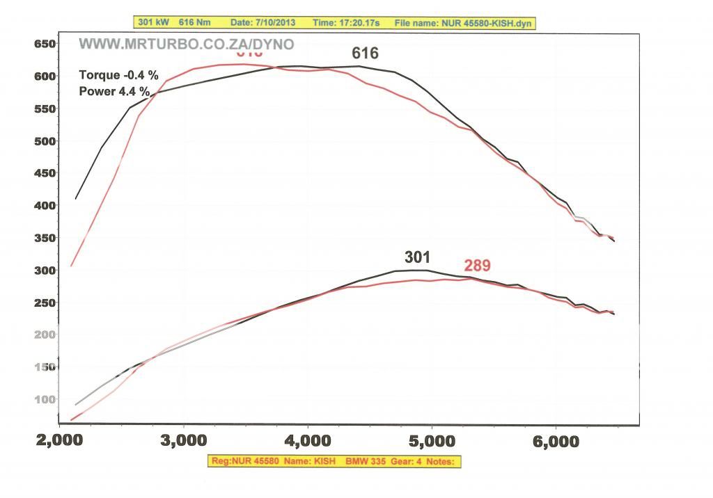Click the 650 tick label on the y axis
click(x=45, y=44)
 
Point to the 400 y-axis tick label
click(x=45, y=205)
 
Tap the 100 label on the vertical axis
click(x=45, y=399)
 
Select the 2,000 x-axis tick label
click(x=61, y=441)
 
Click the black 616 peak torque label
click(x=365, y=54)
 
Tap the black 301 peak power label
click(x=417, y=258)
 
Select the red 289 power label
click(x=477, y=265)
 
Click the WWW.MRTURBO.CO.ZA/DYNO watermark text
click(x=186, y=45)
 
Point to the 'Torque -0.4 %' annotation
click(x=118, y=75)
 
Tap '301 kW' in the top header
click(x=154, y=23)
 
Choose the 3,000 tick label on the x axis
click(x=184, y=441)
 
